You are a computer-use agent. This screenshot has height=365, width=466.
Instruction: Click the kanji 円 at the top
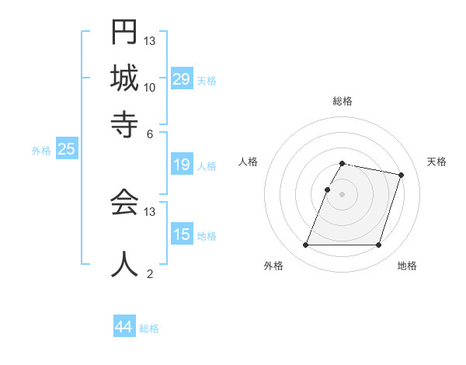pyautogui.click(x=124, y=33)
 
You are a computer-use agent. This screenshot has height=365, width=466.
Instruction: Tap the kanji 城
pyautogui.click(x=124, y=78)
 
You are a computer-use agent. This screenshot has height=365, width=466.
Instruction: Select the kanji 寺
pyautogui.click(x=124, y=123)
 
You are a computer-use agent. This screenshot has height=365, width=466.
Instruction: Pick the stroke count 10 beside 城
pyautogui.click(x=150, y=87)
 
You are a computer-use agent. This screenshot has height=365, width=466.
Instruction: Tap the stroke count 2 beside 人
pyautogui.click(x=150, y=273)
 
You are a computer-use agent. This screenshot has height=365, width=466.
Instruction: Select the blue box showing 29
pyautogui.click(x=182, y=78)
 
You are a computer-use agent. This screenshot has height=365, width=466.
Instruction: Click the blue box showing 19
pyautogui.click(x=182, y=165)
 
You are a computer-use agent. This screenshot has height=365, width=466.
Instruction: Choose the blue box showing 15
pyautogui.click(x=182, y=235)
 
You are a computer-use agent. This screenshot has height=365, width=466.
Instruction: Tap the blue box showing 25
pyautogui.click(x=66, y=149)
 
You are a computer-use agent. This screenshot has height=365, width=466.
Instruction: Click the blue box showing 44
pyautogui.click(x=124, y=327)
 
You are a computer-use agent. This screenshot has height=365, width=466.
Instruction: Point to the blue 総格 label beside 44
pyautogui.click(x=149, y=328)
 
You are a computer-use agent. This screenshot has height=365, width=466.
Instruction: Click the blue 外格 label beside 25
pyautogui.click(x=41, y=151)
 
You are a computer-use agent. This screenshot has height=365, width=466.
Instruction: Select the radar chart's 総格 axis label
pyautogui.click(x=343, y=101)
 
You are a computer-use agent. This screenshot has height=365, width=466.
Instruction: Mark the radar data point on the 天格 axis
pyautogui.click(x=401, y=175)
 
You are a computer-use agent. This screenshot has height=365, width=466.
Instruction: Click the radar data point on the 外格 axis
pyautogui.click(x=306, y=245)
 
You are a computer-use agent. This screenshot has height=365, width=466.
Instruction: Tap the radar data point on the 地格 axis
pyautogui.click(x=378, y=245)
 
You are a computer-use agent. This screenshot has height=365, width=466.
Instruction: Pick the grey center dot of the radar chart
pyautogui.click(x=343, y=194)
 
